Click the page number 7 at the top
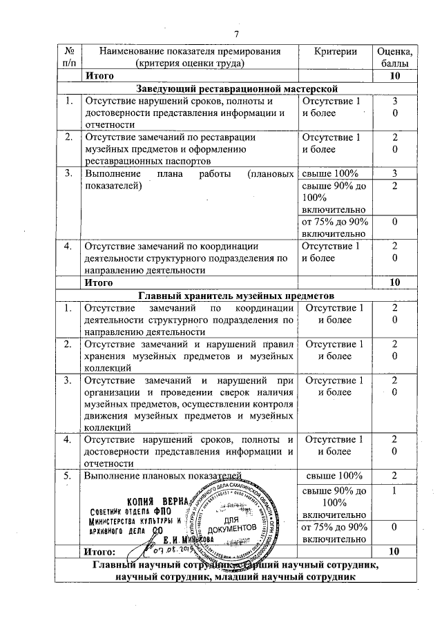pos(236,35)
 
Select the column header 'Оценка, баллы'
pos(394,57)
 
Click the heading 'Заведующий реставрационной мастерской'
pos(236,88)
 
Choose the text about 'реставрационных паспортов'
pos(140,160)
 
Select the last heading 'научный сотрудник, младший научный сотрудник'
pos(235,577)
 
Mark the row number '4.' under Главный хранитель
pos(69,440)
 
